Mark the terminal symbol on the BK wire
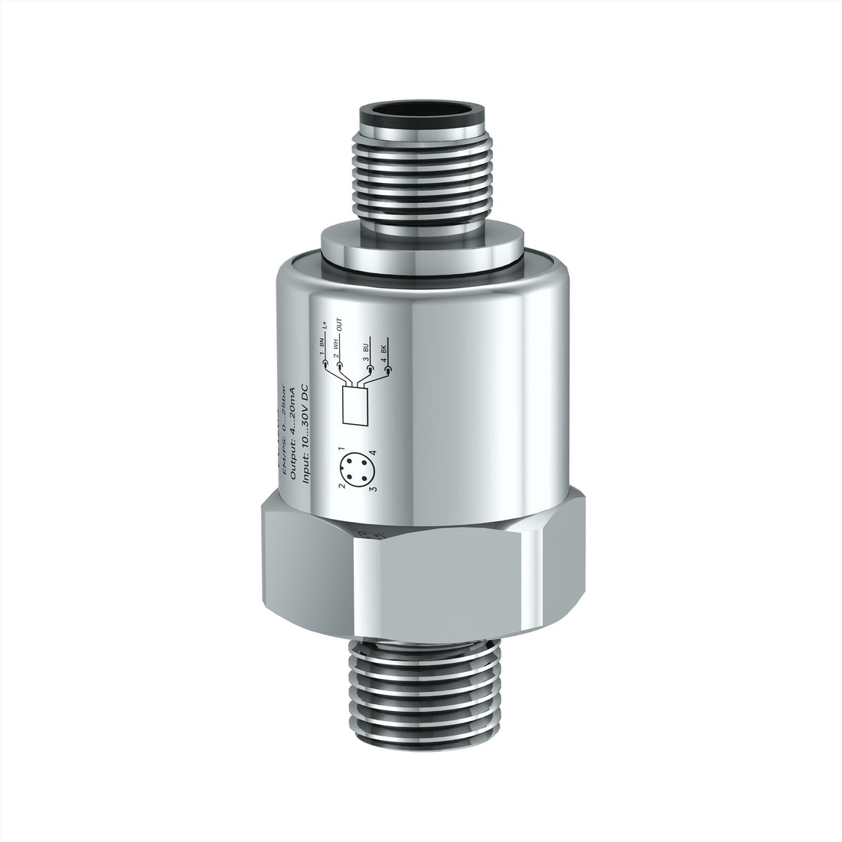(x=387, y=370)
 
